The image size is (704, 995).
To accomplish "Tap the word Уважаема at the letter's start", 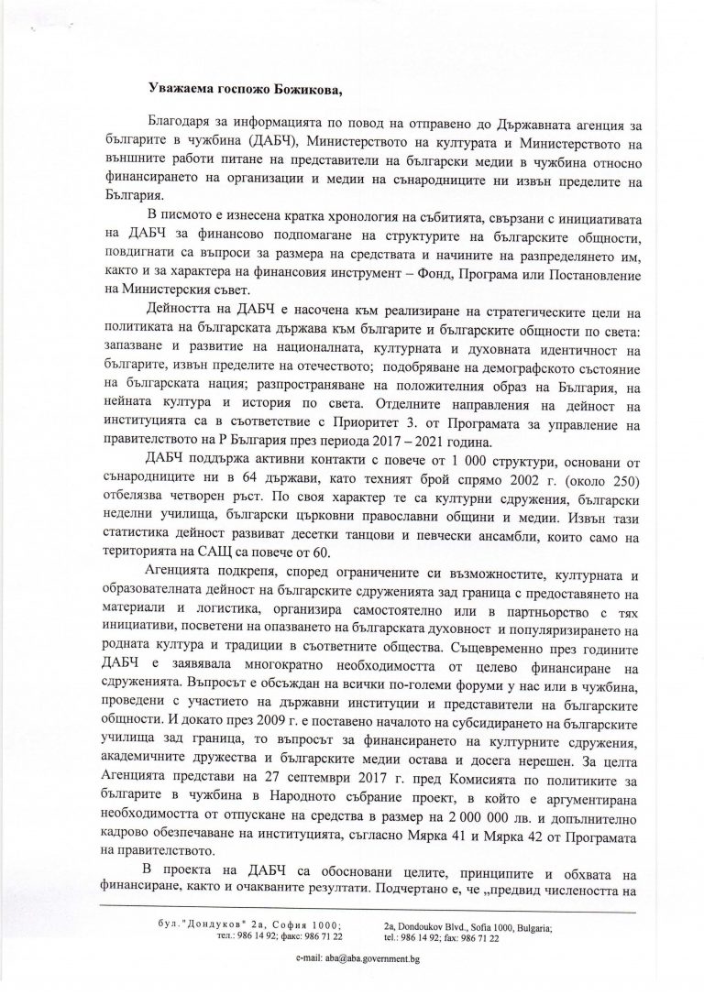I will (x=181, y=86).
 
